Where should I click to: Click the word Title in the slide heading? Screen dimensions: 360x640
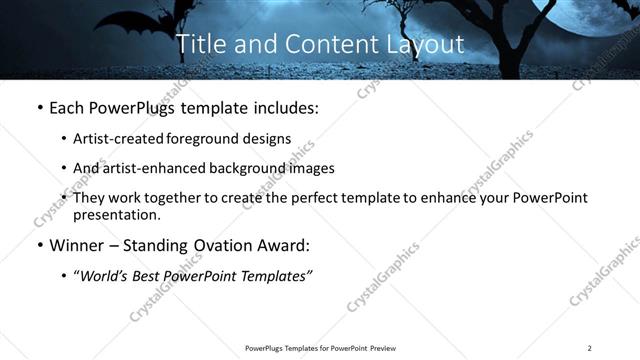pyautogui.click(x=199, y=45)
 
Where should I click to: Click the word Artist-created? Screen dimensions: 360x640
pyautogui.click(x=120, y=139)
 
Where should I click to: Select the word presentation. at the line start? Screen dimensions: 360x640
pyautogui.click(x=116, y=215)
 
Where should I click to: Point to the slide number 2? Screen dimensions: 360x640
pyautogui.click(x=589, y=348)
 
